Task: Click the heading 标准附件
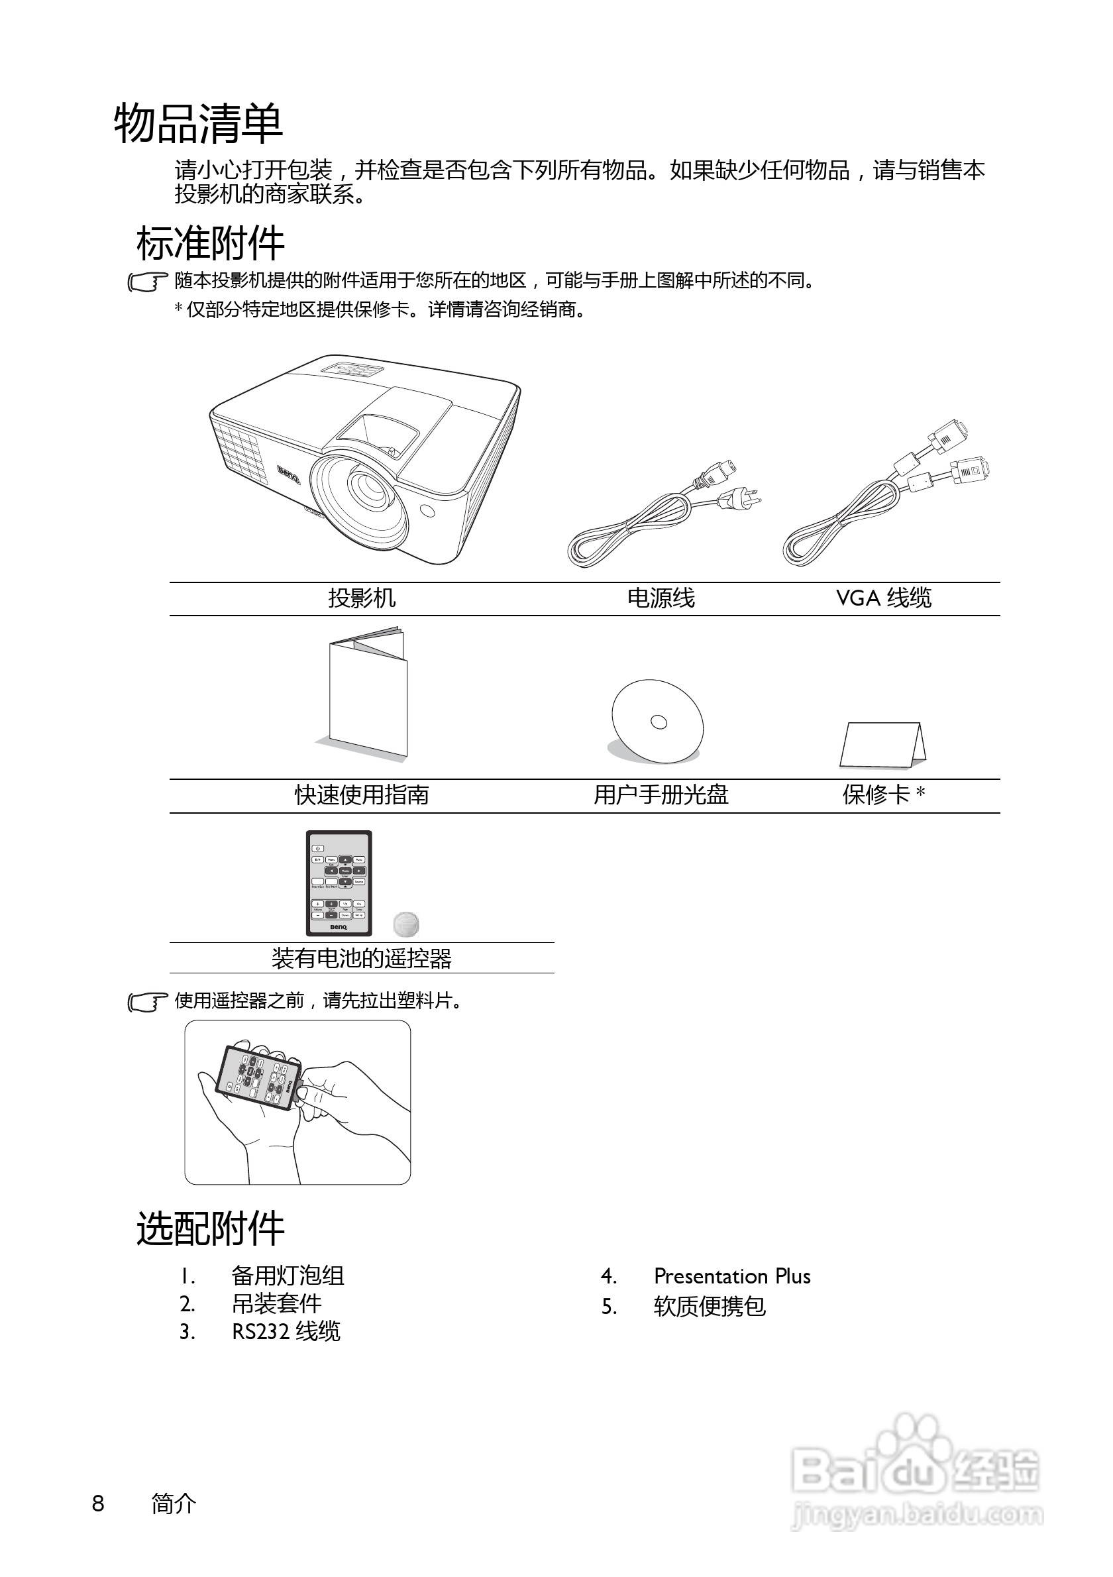click(x=210, y=243)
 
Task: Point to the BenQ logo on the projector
click(x=289, y=474)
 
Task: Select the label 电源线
click(x=661, y=598)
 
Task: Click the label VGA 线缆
click(x=883, y=598)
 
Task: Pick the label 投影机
click(x=361, y=598)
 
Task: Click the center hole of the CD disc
click(x=659, y=721)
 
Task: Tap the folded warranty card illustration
click(x=882, y=745)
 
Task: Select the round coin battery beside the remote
click(x=407, y=924)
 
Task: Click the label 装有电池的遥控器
click(x=361, y=958)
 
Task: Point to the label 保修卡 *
click(x=883, y=794)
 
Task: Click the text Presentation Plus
click(x=732, y=1276)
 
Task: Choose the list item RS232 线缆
click(x=286, y=1332)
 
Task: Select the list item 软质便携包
click(x=710, y=1307)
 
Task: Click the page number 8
click(x=98, y=1503)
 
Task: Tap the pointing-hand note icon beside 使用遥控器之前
click(x=148, y=1002)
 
